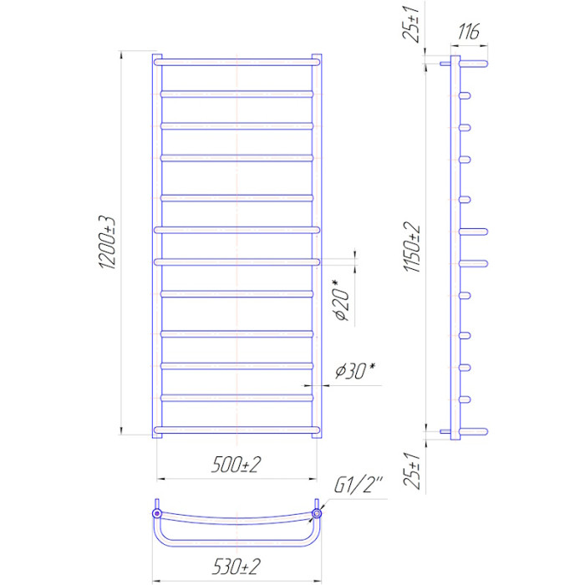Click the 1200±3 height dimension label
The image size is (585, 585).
tap(108, 242)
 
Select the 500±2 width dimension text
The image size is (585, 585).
tap(237, 465)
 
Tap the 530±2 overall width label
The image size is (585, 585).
tap(237, 567)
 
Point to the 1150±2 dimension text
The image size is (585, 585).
tap(412, 247)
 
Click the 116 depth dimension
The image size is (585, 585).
tap(468, 32)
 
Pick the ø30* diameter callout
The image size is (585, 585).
tap(355, 370)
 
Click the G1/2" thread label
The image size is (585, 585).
tap(359, 485)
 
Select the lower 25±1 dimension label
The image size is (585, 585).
tap(412, 471)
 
